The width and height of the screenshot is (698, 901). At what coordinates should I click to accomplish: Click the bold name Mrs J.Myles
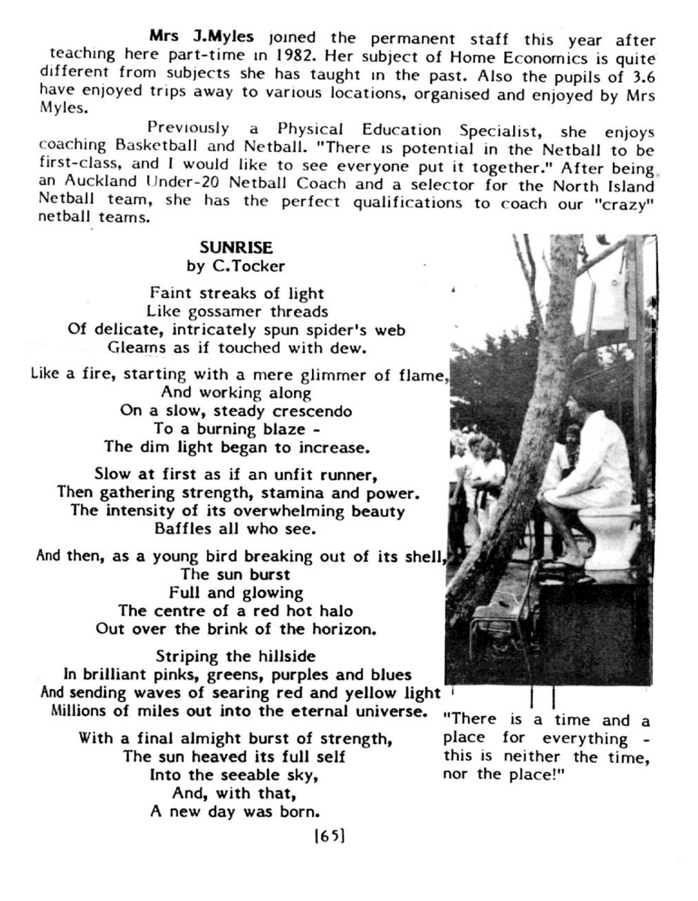pos(201,37)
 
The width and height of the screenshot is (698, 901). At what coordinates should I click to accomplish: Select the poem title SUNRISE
pos(236,247)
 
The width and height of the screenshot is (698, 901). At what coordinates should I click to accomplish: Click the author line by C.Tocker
pos(236,266)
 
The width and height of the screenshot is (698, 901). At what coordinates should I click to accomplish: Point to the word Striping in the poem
pos(187,656)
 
